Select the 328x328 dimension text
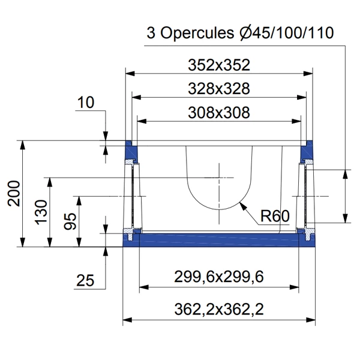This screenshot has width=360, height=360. pos(218,89)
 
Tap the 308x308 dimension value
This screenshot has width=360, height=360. pos(218,112)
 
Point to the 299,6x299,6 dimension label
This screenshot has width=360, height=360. pos(218,277)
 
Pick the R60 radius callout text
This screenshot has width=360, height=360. pos(275,215)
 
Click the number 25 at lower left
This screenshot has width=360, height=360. pos(86,279)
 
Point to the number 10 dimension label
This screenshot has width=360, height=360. pos(86,103)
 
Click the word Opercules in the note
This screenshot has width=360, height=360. pos(192,32)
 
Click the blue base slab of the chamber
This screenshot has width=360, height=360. pos(218,240)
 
